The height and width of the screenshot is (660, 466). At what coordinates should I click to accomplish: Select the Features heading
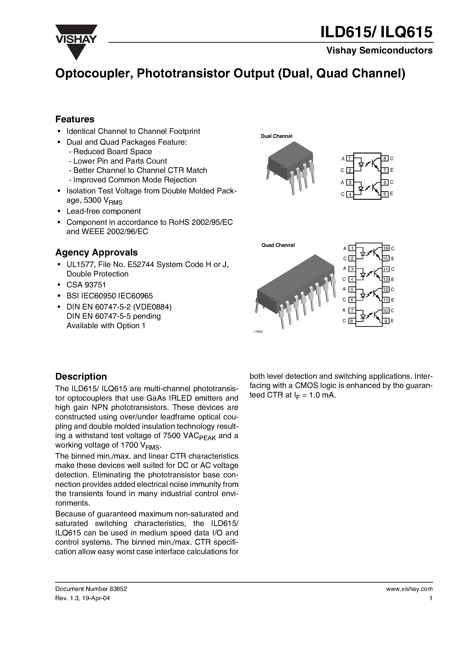[x=75, y=119]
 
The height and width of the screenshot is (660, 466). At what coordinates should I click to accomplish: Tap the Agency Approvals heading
[x=96, y=252]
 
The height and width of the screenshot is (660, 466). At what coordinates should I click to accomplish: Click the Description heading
[x=81, y=376]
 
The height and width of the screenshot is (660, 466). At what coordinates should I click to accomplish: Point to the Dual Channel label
[x=276, y=136]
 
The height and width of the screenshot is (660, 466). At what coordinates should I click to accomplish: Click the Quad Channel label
[x=278, y=245]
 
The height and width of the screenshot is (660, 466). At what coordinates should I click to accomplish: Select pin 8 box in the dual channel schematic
[x=385, y=158]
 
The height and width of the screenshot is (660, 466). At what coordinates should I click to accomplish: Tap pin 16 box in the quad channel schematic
[x=386, y=248]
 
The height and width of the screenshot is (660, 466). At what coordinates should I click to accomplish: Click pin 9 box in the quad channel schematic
[x=386, y=321]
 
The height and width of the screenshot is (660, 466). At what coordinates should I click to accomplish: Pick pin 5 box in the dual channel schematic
[x=385, y=194]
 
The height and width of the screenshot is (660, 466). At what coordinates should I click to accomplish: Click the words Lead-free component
[x=104, y=211]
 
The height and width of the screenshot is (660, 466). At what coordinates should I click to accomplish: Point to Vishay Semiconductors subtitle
[x=379, y=51]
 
